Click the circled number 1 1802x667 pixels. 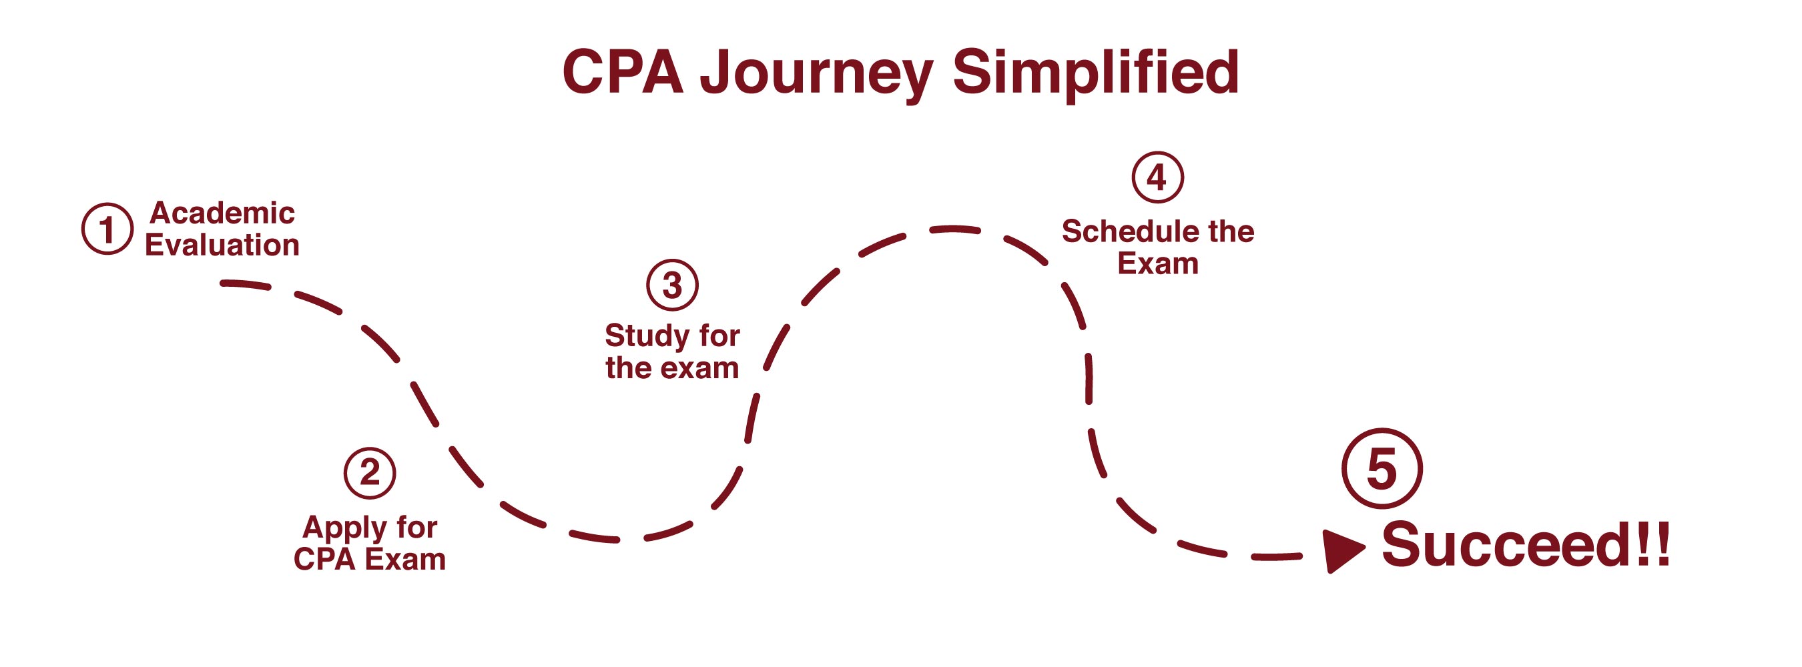107,229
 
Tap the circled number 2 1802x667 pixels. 369,473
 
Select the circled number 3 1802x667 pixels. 671,285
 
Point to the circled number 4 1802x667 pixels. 1158,177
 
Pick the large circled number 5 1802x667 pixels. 1382,468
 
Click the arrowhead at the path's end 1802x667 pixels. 1341,550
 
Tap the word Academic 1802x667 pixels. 222,213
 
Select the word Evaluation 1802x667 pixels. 222,245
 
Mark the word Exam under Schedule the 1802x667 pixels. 1158,264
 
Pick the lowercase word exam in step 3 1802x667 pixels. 703,368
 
